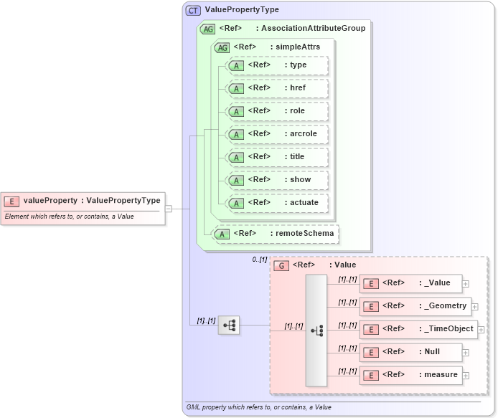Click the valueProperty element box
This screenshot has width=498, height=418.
pyautogui.click(x=83, y=201)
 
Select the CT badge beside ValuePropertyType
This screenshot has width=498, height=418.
pyautogui.click(x=193, y=10)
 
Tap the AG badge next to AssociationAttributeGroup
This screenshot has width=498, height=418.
pyautogui.click(x=207, y=29)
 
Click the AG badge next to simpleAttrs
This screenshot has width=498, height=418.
pyautogui.click(x=222, y=47)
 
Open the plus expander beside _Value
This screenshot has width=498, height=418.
pyautogui.click(x=466, y=283)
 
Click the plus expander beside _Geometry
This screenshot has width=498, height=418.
pyautogui.click(x=474, y=306)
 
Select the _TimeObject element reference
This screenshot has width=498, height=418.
pyautogui.click(x=418, y=329)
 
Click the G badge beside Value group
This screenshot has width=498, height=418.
pyautogui.click(x=282, y=265)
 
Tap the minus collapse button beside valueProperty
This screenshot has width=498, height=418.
pyautogui.click(x=169, y=209)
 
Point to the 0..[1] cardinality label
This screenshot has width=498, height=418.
pyautogui.click(x=260, y=260)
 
